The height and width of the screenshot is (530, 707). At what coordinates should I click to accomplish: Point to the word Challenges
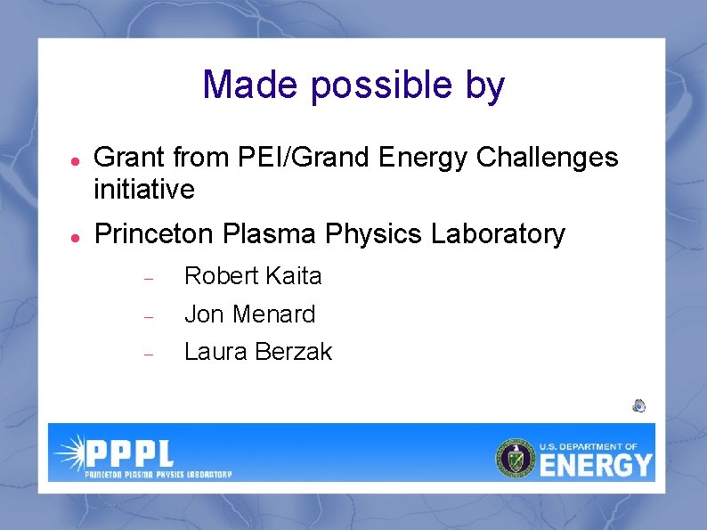click(547, 158)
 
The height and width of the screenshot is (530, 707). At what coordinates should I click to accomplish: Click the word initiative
click(144, 189)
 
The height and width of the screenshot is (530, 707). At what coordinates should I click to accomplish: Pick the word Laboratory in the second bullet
click(498, 234)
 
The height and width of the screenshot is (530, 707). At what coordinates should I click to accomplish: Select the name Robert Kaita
click(253, 276)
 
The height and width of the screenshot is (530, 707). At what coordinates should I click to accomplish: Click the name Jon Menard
click(249, 314)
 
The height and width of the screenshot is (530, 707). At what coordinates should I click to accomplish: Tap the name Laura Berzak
click(257, 352)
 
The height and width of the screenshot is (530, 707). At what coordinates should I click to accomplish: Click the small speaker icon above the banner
click(638, 406)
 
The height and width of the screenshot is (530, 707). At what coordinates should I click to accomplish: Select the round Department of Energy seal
click(516, 458)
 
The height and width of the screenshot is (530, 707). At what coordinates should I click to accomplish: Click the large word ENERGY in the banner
click(597, 464)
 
